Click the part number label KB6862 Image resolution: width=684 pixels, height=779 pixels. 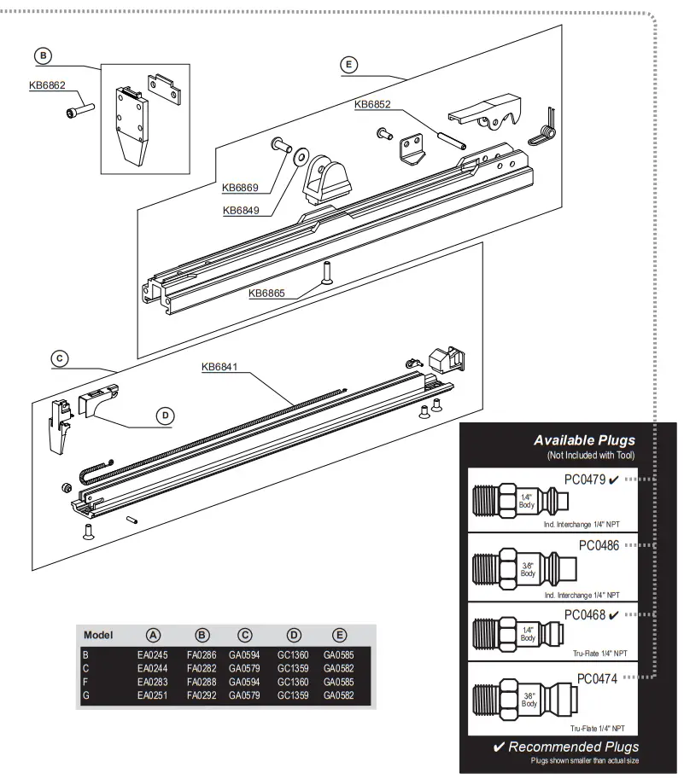pyautogui.click(x=48, y=85)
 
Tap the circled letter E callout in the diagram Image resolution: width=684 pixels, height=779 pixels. pyautogui.click(x=348, y=64)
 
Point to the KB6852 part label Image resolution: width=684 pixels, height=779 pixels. pyautogui.click(x=372, y=105)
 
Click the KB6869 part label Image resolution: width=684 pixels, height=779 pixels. pyautogui.click(x=241, y=188)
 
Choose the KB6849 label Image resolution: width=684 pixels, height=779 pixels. pyautogui.click(x=242, y=210)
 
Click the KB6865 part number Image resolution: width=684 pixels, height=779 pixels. pyautogui.click(x=267, y=294)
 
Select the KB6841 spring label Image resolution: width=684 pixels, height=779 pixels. pyautogui.click(x=219, y=368)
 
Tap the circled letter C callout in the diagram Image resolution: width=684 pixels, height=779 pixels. pyautogui.click(x=59, y=358)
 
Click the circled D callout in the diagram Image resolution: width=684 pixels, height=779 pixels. pyautogui.click(x=166, y=416)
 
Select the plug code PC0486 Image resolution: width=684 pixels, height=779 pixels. pyautogui.click(x=599, y=544)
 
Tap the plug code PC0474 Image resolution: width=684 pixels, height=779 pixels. pyautogui.click(x=598, y=678)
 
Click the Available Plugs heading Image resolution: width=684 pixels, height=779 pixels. pyautogui.click(x=584, y=440)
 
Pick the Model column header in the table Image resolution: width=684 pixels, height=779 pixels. pyautogui.click(x=99, y=635)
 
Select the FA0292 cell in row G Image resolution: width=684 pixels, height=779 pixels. pyautogui.click(x=202, y=696)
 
